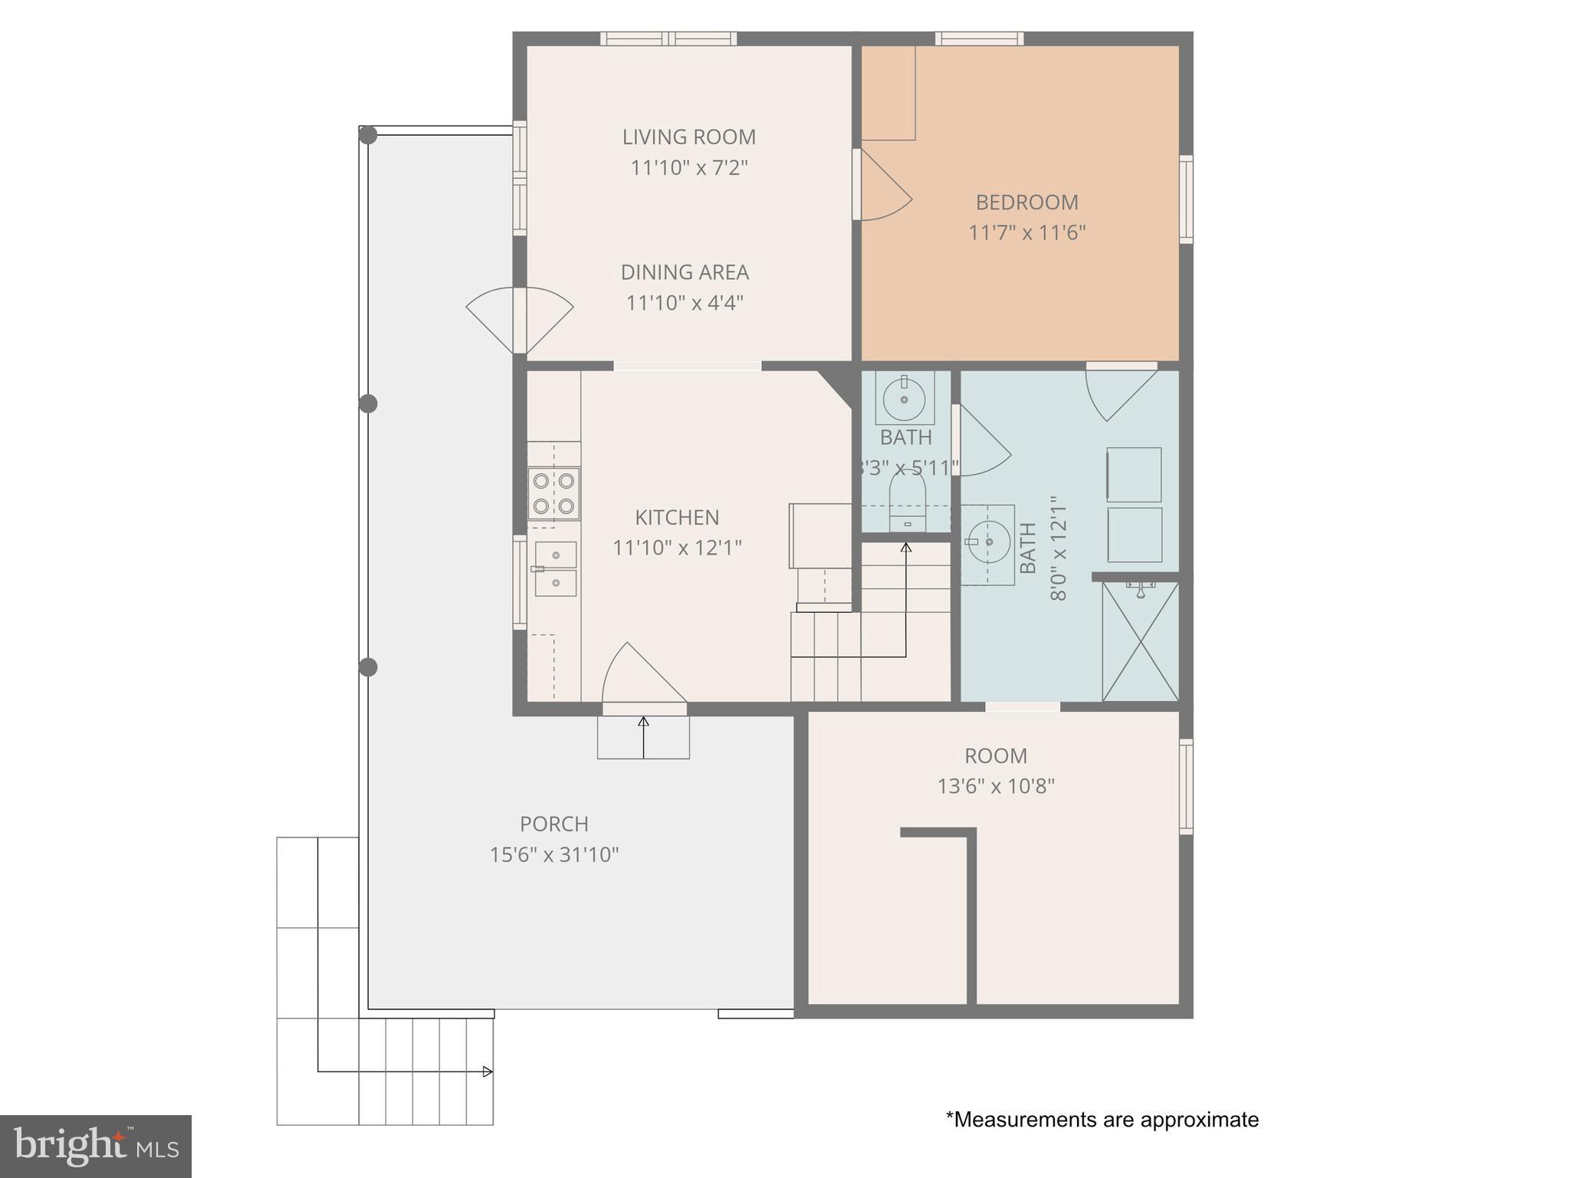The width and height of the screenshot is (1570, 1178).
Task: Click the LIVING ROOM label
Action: (x=688, y=137)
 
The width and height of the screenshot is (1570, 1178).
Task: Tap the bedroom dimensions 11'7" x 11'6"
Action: (x=1026, y=232)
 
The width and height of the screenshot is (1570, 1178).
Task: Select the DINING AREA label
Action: (x=685, y=272)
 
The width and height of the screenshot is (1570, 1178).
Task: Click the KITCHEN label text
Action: (x=677, y=518)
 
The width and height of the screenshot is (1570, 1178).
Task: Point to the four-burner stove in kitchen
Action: (x=553, y=493)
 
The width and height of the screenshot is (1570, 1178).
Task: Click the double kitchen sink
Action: (x=555, y=568)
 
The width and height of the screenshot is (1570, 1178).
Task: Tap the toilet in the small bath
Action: (x=907, y=502)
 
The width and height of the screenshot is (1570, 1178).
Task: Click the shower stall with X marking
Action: (x=1140, y=641)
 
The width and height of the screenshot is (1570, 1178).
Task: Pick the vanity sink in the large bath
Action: (x=988, y=542)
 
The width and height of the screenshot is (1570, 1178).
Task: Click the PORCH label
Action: (x=554, y=824)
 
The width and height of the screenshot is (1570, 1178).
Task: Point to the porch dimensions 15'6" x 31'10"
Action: (x=554, y=854)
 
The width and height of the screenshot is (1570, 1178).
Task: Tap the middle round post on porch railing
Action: (x=368, y=403)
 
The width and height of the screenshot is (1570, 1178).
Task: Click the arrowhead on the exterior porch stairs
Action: (x=488, y=1071)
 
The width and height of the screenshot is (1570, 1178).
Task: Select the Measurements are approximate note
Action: (x=1102, y=1120)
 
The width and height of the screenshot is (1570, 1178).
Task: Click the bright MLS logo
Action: (x=96, y=1146)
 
